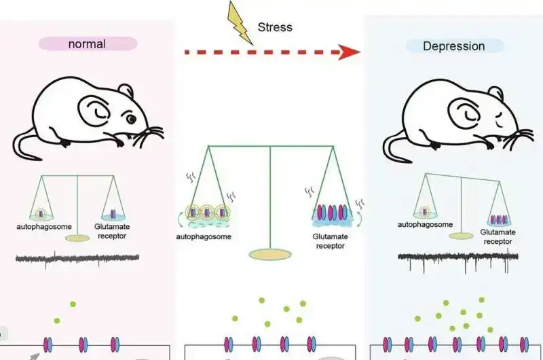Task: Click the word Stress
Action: (x=275, y=28)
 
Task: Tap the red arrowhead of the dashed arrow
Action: (x=349, y=52)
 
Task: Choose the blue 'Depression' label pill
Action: (x=454, y=46)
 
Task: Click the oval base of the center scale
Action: (x=271, y=255)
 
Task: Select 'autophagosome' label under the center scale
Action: (x=203, y=236)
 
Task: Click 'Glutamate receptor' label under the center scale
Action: (x=331, y=241)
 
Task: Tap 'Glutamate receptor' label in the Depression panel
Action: (x=498, y=236)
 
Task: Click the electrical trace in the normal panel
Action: (x=77, y=258)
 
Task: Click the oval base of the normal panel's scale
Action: (x=77, y=238)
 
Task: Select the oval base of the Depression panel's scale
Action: (x=462, y=235)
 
